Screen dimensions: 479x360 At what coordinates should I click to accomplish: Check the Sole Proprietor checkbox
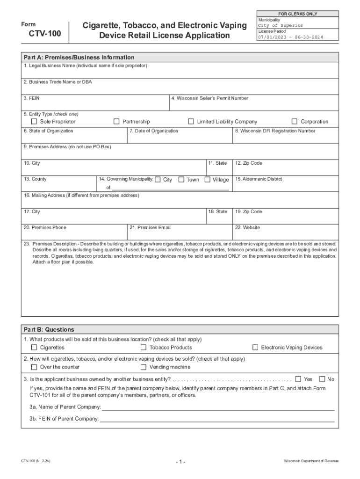[34, 122]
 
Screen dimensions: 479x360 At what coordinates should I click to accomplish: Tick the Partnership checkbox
[117, 122]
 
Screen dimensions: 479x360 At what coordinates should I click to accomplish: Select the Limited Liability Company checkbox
[191, 122]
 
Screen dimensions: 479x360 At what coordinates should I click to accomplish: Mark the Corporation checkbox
[295, 122]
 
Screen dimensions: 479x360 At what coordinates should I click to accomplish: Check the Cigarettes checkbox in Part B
[34, 348]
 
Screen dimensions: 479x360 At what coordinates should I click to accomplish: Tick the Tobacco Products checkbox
[144, 348]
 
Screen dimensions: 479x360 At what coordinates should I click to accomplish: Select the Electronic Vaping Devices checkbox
[255, 348]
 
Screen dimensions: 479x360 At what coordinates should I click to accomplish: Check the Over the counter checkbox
[34, 367]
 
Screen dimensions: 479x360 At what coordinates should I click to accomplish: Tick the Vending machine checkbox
[144, 367]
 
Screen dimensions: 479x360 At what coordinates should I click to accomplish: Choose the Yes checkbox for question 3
[298, 379]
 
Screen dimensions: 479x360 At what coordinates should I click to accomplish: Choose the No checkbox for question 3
[322, 379]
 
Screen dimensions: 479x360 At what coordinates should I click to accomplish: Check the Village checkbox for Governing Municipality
[208, 180]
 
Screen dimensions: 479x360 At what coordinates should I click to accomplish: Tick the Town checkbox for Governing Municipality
[181, 180]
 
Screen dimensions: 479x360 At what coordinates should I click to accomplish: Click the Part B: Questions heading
[49, 329]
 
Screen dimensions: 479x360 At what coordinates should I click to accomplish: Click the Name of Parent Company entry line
[218, 407]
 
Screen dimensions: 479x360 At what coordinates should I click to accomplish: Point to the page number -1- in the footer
[180, 462]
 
